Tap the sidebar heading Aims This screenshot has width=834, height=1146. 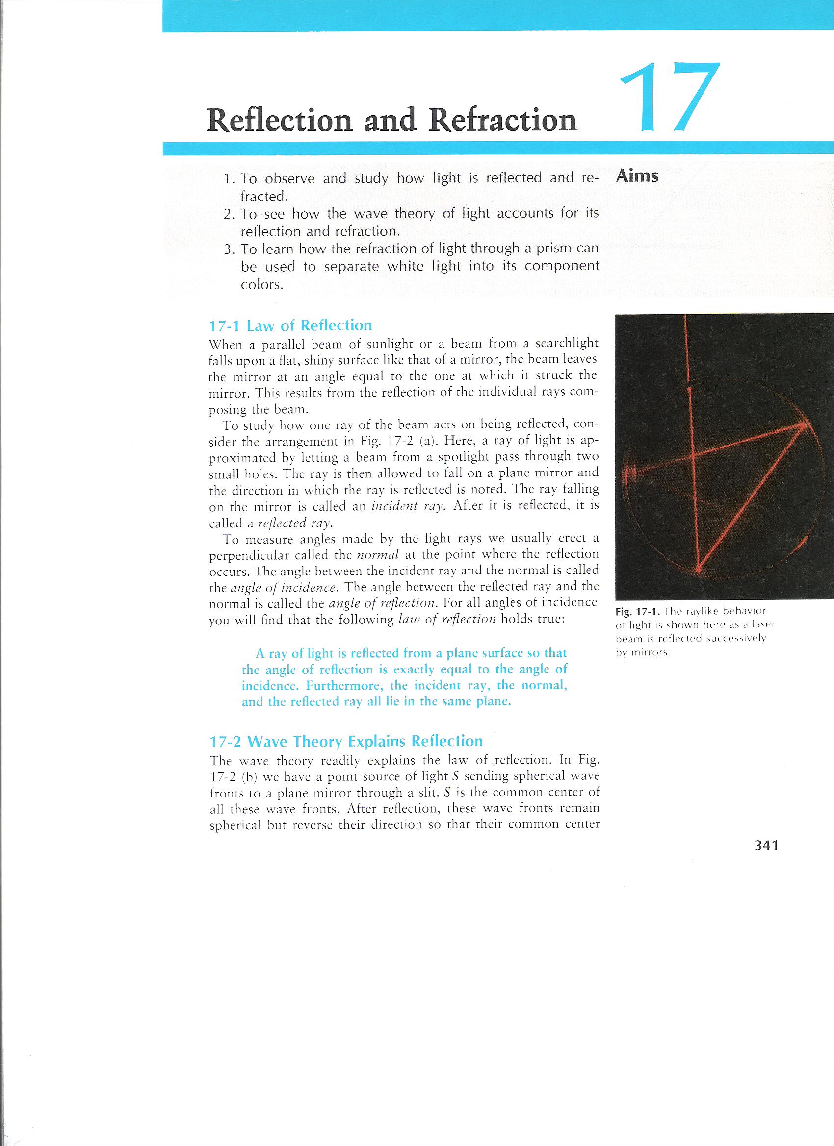(637, 176)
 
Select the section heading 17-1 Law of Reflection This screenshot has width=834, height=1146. (290, 325)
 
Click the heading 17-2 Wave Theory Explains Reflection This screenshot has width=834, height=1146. (346, 741)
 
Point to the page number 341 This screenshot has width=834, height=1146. (765, 846)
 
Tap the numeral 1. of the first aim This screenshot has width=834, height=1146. (230, 179)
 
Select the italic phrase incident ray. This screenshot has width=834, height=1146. (409, 507)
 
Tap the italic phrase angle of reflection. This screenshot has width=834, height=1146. (383, 604)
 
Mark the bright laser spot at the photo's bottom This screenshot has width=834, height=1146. (699, 570)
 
